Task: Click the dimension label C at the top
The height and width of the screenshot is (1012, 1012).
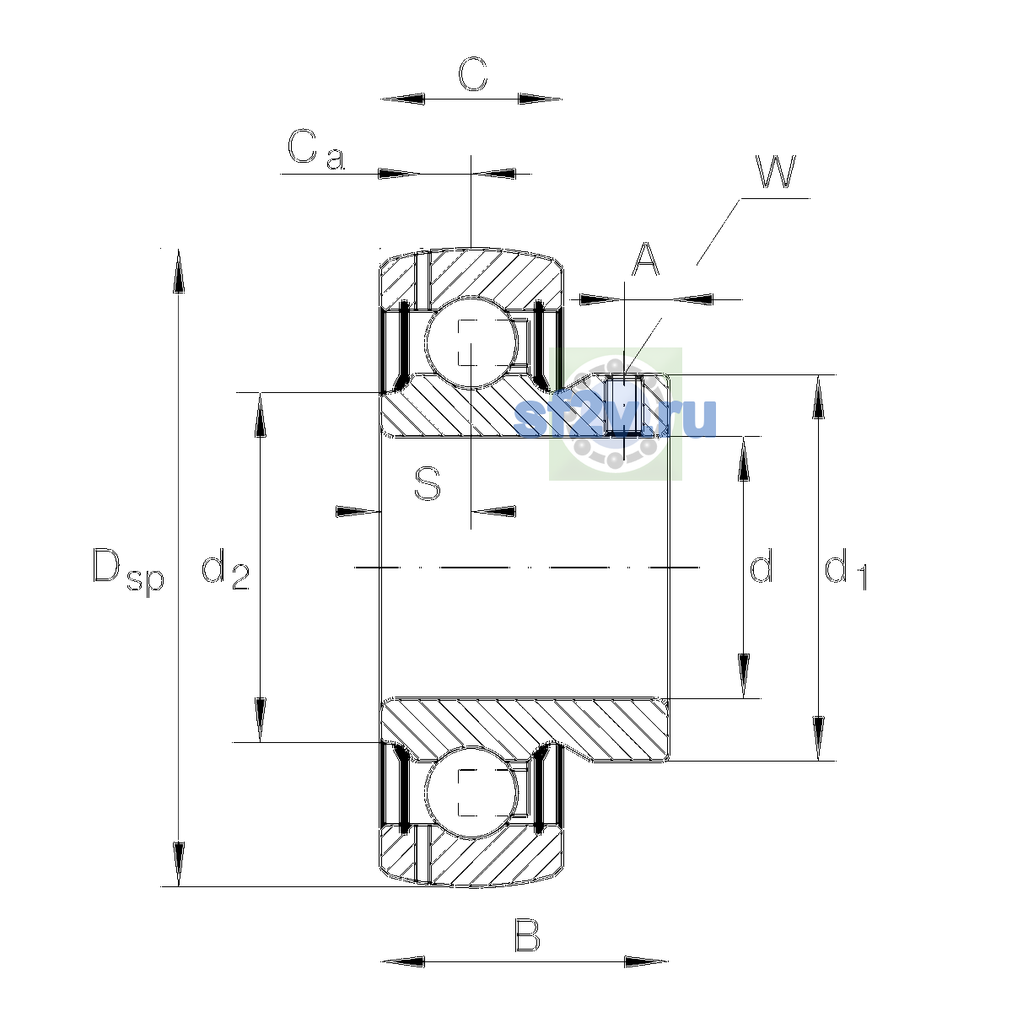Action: pos(472,73)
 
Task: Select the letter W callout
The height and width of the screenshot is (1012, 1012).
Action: pos(776,171)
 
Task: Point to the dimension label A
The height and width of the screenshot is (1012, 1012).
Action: pos(645,259)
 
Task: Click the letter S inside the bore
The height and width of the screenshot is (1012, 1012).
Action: pos(427,484)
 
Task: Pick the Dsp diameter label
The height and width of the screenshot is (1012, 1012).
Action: pos(128,570)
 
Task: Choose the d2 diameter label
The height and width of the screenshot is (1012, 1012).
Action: pos(225,568)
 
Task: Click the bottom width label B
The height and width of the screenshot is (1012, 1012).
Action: pos(527,934)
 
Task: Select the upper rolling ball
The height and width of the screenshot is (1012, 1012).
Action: pos(471,342)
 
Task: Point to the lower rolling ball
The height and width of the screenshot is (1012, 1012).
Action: pos(471,793)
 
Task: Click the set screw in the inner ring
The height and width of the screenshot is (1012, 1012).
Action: pos(624,405)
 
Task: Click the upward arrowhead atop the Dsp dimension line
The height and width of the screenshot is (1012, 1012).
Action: pos(179,271)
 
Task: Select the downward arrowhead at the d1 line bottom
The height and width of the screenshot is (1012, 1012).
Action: pos(818,739)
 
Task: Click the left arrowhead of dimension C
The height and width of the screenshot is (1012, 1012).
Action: pos(403,99)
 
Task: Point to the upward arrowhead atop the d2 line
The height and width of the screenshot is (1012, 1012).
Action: pos(260,415)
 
